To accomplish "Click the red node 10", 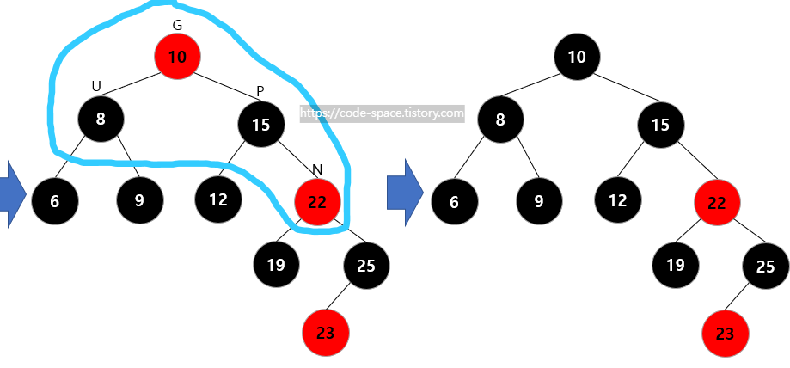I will pos(177,58).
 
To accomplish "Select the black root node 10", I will pos(577,58).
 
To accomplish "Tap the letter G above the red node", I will pos(177,25).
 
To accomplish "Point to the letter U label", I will pos(96,85).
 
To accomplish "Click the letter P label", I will pos(260,91).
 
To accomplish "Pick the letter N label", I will pos(317,168).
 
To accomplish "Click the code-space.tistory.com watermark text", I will pos(382,113).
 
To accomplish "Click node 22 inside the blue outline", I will pos(317,202).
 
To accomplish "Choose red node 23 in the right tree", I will pos(726,334).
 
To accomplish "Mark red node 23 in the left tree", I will pos(326,334).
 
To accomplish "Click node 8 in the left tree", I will pos(101,119).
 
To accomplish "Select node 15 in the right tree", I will pos(660,125).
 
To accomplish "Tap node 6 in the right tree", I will pos(455,202).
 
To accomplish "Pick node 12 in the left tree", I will pos(217,200).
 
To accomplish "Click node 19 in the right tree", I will pos(675,265).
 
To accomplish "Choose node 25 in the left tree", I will pos(366,265).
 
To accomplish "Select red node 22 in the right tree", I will pos(717,205).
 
